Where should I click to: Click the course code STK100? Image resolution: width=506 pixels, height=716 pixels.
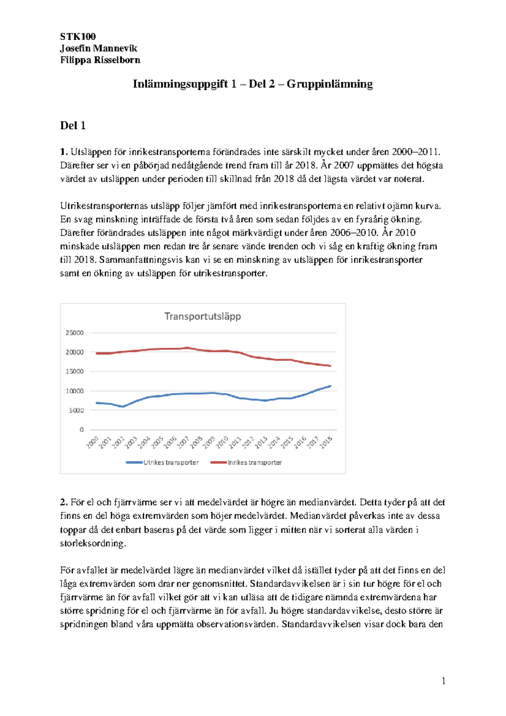click(x=78, y=36)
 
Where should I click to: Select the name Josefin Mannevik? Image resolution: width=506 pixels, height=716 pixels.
click(x=98, y=48)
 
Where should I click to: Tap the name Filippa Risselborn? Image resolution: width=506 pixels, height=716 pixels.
click(x=100, y=60)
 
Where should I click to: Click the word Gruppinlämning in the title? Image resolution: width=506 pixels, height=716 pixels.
click(x=330, y=84)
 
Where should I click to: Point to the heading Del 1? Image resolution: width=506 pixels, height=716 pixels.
click(x=73, y=125)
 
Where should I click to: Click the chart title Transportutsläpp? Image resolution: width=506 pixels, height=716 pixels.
click(x=202, y=316)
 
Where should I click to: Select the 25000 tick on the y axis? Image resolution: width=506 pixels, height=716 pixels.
click(x=75, y=333)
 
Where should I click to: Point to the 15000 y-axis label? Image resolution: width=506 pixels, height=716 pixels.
click(x=75, y=371)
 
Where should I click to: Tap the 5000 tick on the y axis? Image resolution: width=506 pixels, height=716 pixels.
click(x=76, y=410)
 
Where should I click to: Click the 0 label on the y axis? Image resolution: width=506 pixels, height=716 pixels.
click(x=82, y=430)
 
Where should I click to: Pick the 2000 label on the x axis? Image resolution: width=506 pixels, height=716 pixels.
click(x=93, y=442)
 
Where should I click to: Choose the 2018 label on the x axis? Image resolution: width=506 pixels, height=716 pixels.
click(x=326, y=442)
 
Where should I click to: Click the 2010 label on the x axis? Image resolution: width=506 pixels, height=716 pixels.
click(x=223, y=442)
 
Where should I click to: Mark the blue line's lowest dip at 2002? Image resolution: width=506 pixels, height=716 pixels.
click(x=123, y=406)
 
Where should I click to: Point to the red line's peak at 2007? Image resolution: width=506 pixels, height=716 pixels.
click(x=188, y=348)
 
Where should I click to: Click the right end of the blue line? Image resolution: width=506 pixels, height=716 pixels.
click(x=330, y=386)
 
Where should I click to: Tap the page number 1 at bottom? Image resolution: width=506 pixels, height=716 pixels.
click(x=443, y=681)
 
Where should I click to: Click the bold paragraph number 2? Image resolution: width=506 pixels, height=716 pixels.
click(x=64, y=502)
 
